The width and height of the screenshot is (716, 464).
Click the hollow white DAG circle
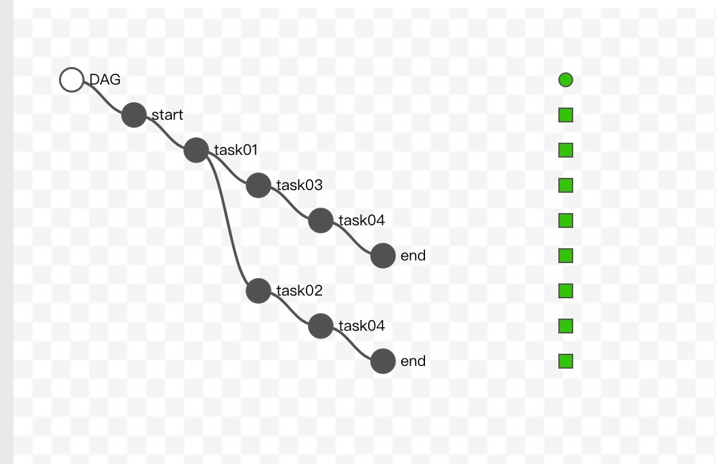[71, 80]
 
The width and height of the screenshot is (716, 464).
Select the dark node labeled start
[134, 115]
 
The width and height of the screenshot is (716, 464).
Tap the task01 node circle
[196, 150]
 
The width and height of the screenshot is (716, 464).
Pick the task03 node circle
[259, 185]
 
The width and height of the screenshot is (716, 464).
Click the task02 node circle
[259, 291]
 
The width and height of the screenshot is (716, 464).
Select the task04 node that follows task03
[321, 221]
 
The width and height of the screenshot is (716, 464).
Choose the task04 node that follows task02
[321, 326]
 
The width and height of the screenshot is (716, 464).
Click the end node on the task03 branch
[383, 256]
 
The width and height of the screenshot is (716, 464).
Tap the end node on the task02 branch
[383, 361]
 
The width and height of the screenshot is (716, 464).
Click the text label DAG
[105, 80]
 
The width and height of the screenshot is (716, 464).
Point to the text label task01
[236, 150]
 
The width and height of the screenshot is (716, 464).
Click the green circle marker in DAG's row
[566, 80]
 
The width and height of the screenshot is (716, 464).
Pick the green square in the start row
[566, 115]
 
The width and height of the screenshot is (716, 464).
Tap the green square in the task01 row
[566, 150]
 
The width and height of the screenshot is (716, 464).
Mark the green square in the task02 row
[566, 291]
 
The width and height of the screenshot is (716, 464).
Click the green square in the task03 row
[566, 185]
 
